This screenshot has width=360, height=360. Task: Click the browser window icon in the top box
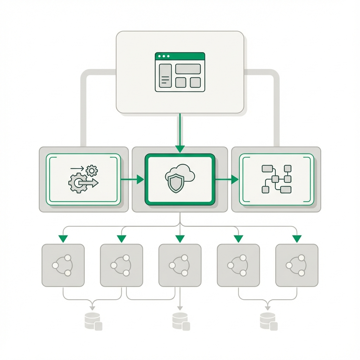(180, 72)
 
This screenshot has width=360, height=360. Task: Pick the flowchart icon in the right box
(276, 179)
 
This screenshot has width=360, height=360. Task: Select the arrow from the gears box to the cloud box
(133, 179)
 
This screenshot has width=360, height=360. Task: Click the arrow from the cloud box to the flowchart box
(227, 179)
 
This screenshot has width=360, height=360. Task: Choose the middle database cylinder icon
(181, 321)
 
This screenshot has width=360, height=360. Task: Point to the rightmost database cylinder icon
(268, 321)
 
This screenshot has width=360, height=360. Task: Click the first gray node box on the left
(63, 265)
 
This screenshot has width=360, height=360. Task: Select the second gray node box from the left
(121, 265)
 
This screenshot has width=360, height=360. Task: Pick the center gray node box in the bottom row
(180, 265)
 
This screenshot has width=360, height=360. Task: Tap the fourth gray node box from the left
(238, 265)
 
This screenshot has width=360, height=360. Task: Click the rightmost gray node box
(297, 265)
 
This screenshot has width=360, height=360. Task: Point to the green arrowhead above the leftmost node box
(63, 239)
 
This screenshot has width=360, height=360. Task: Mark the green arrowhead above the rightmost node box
(297, 239)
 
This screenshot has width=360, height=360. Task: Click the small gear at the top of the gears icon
(92, 171)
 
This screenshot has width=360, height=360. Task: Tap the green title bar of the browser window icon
(180, 56)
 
